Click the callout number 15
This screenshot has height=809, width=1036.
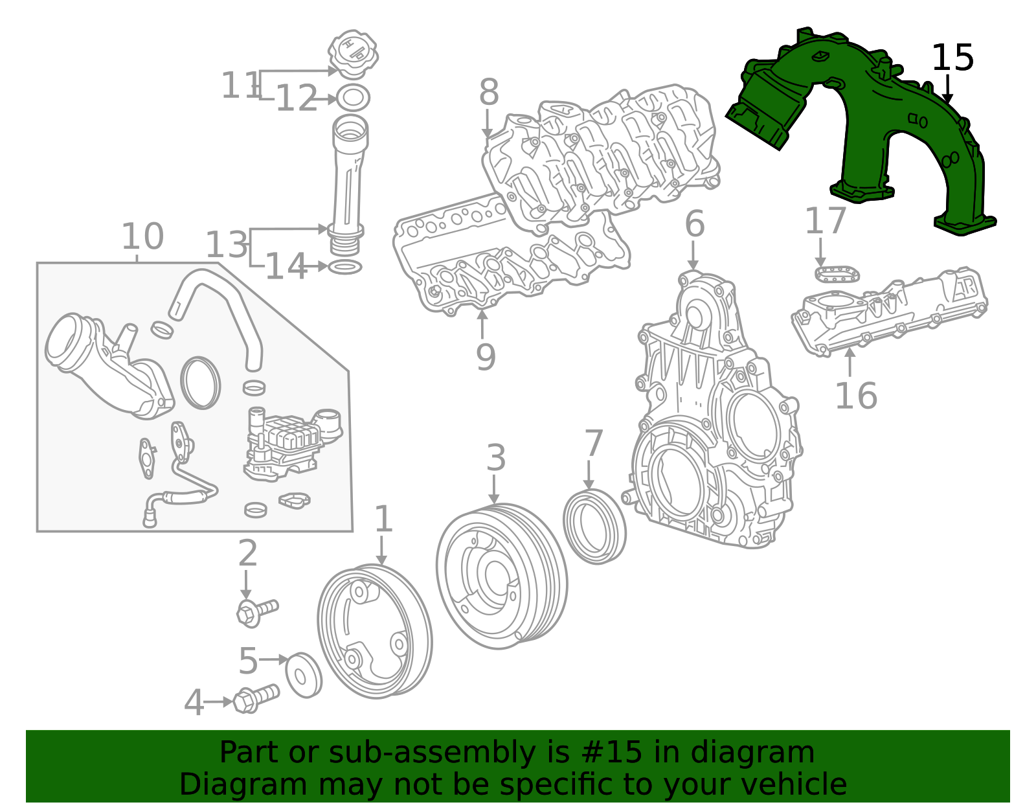[952, 58]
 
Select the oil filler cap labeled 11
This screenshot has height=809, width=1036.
[353, 51]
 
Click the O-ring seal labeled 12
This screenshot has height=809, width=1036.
[353, 98]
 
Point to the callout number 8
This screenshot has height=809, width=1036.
[489, 93]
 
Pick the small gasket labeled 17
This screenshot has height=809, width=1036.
[837, 273]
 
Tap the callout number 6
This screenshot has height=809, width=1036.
[694, 224]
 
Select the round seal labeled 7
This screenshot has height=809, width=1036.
[594, 527]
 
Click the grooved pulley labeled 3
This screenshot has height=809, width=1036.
[502, 576]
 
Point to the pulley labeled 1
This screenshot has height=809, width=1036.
[374, 632]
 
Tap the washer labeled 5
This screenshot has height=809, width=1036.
[303, 675]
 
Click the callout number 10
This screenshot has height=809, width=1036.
[142, 236]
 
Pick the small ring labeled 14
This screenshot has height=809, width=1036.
[345, 267]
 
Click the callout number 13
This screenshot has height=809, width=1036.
[226, 245]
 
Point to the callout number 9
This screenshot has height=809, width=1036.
[485, 358]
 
